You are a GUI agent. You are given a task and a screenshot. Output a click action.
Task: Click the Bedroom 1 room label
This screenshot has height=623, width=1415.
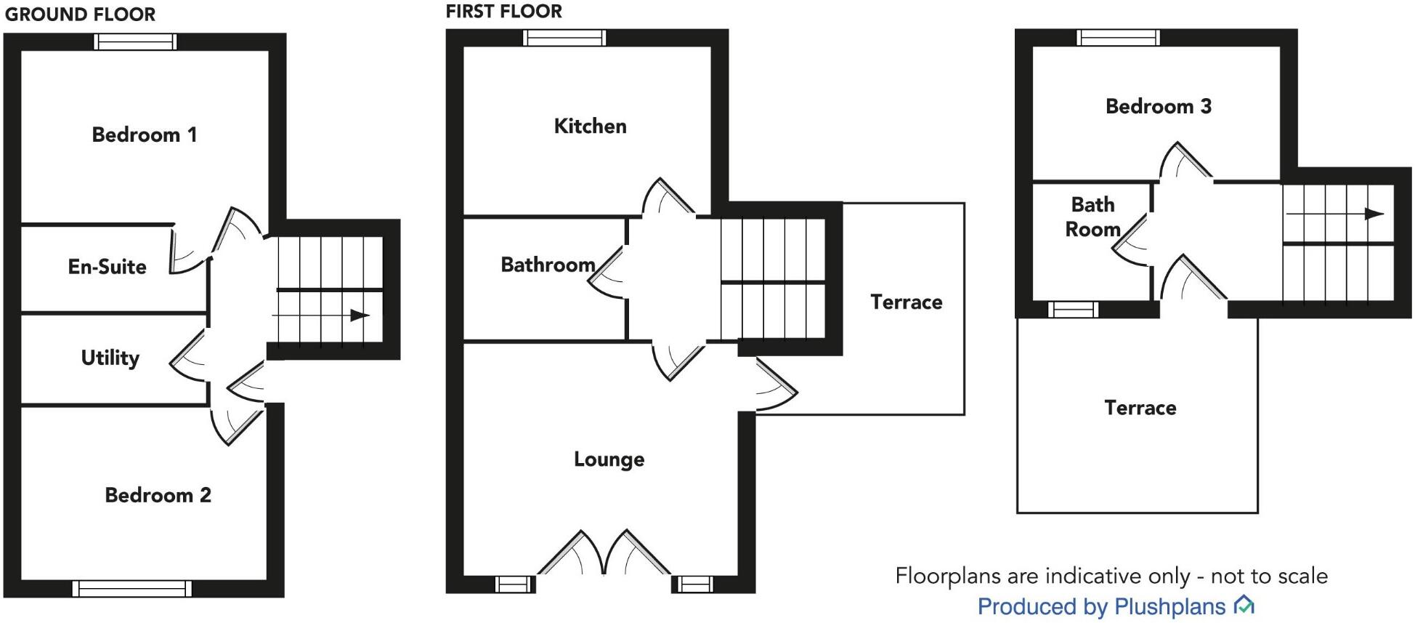tap(144, 134)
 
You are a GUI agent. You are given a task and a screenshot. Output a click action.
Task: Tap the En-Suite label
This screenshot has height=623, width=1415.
tap(107, 267)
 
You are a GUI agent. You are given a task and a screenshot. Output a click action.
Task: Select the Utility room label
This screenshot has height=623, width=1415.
tap(110, 358)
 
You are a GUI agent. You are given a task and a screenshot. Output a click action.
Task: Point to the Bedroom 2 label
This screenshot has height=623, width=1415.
tap(158, 495)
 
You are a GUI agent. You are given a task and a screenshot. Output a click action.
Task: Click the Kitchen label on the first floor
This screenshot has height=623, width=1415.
tap(590, 126)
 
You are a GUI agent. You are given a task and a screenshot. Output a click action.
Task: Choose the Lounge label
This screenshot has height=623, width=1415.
tap(609, 459)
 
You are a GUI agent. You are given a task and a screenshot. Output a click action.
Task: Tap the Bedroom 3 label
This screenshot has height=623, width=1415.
tap(1158, 106)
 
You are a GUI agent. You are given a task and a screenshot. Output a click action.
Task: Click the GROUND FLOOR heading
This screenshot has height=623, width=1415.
tap(80, 15)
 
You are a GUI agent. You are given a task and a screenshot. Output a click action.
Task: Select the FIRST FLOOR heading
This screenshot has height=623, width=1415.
tap(503, 12)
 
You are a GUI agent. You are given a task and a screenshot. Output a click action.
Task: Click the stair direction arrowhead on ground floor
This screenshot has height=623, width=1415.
tap(360, 315)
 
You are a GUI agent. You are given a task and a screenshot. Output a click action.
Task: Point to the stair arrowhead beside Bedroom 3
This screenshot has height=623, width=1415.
tap(1373, 214)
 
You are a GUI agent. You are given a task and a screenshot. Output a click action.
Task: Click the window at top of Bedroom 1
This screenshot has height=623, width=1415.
tap(136, 42)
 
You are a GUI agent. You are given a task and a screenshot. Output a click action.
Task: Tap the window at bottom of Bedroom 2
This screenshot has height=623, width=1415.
tap(132, 588)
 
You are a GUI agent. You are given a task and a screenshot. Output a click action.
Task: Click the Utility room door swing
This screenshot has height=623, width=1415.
tap(187, 358)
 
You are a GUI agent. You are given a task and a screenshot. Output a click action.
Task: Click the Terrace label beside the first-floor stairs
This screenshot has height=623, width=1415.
tap(906, 302)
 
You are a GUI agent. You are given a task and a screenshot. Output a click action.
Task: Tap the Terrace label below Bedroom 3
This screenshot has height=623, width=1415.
tap(1140, 408)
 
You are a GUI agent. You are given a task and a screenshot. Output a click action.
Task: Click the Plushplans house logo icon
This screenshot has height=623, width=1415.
tap(1244, 605)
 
